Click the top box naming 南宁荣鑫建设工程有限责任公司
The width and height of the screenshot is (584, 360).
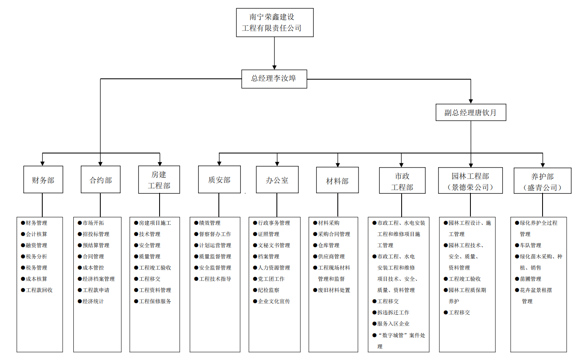point(274,22)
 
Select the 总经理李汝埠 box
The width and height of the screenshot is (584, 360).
point(274,78)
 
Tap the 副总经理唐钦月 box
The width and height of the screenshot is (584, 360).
point(470,112)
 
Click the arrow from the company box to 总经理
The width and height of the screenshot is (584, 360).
point(274,53)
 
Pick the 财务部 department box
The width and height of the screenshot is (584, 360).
point(43,180)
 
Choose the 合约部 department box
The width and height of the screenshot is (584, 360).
point(100,180)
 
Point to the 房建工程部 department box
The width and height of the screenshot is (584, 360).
point(159,180)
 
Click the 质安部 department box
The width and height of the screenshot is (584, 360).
point(219,180)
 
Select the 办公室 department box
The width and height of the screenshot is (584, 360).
point(277,180)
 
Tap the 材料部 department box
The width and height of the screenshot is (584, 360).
point(337,180)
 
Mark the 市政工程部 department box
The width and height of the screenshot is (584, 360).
point(402,180)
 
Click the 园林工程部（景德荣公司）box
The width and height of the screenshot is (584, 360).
point(470,181)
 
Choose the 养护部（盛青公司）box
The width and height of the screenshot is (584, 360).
point(542,181)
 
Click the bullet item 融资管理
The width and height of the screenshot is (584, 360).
point(36,246)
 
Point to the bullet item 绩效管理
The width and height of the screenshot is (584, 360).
point(210,223)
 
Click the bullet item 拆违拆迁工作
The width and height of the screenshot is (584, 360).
point(393,313)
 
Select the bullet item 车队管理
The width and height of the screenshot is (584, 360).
point(531,246)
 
